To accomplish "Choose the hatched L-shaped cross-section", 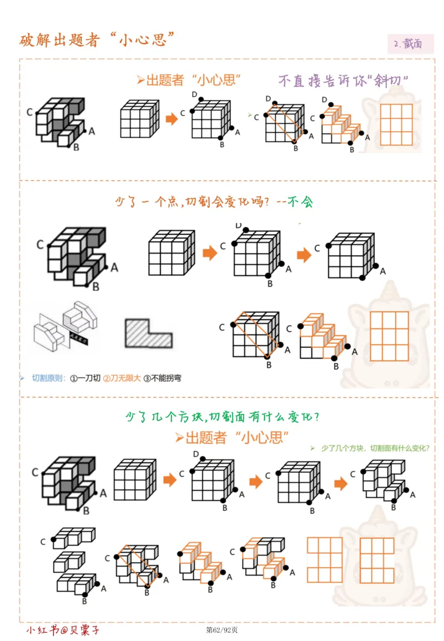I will pos(148,333).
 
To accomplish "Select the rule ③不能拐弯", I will pos(162,378).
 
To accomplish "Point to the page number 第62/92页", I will pos(222,630).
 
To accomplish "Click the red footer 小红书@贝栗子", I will pos(63,630).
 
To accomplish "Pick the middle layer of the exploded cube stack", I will pos(69,562).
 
